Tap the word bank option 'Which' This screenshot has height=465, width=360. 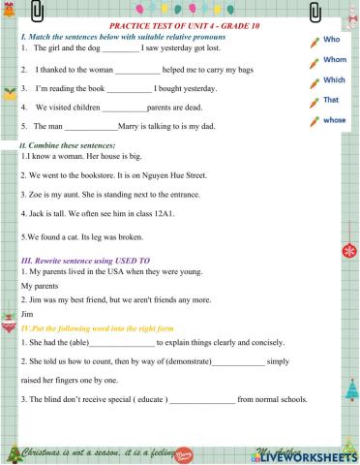(x=334, y=80)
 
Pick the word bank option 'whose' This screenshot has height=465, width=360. (x=335, y=120)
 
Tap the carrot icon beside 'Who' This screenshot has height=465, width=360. (x=313, y=43)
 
